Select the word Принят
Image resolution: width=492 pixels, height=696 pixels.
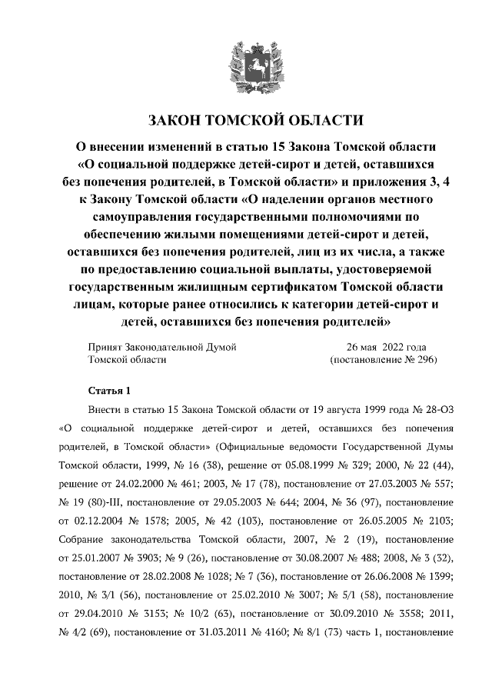click(x=105, y=346)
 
